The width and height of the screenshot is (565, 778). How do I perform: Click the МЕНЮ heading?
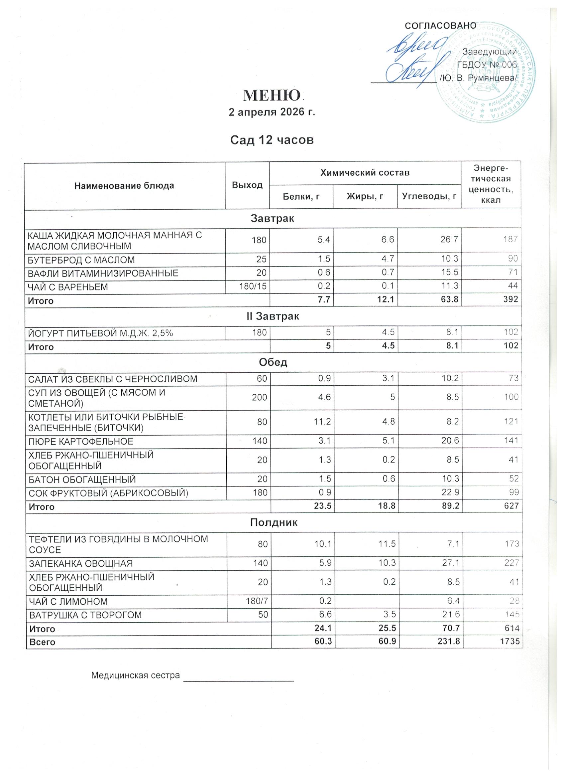(x=272, y=96)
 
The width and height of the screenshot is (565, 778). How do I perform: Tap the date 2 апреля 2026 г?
(x=272, y=112)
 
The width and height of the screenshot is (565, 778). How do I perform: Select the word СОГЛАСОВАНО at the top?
(x=441, y=26)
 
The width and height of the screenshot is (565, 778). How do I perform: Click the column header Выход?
(x=247, y=185)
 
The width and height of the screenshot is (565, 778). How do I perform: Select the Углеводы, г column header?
(x=429, y=196)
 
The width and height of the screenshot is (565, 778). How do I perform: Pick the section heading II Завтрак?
(x=273, y=316)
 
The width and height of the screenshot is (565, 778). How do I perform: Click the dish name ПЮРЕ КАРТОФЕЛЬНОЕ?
(x=81, y=441)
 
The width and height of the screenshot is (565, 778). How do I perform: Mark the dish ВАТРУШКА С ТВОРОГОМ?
(x=86, y=615)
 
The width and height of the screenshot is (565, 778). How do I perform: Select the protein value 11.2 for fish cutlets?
(x=322, y=422)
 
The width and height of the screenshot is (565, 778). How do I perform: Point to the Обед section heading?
(x=273, y=362)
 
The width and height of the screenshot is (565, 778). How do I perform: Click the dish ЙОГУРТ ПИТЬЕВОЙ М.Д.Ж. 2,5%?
(x=100, y=332)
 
